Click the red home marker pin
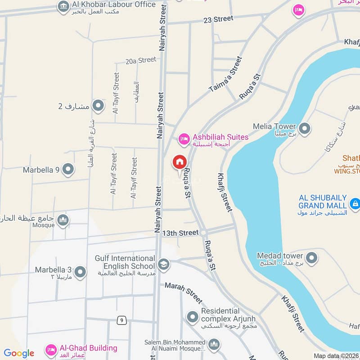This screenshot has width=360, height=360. point(179,162)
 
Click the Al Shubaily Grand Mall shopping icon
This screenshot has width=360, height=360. point(354,202)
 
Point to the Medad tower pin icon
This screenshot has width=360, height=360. point(311,259)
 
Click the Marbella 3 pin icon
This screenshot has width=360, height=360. point(80,272)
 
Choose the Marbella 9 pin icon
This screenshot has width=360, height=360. point(68,170)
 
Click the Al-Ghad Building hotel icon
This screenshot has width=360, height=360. point(51,350)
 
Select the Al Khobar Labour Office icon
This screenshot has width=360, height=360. point(63,6)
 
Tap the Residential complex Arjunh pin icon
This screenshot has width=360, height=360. point(193,317)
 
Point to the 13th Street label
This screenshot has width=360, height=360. point(180,233)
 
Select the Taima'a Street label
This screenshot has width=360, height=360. point(226,74)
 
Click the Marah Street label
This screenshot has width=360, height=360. point(183,292)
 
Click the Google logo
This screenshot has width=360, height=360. point(18,353)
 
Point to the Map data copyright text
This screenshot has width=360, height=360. point(336,355)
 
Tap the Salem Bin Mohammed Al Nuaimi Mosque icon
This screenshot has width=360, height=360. point(214,345)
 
